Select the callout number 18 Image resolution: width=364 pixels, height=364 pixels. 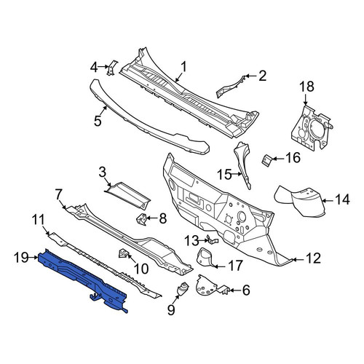(x=306, y=87)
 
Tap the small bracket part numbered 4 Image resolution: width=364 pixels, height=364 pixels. (x=111, y=68)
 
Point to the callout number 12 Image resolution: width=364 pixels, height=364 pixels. (x=314, y=258)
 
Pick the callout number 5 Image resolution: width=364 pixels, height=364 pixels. (x=98, y=121)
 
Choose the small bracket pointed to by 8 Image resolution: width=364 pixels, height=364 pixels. (x=141, y=219)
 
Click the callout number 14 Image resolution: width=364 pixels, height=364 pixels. (x=342, y=200)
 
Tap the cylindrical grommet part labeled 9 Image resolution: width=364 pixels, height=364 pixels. (x=183, y=289)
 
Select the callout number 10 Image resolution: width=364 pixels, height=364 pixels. (x=141, y=269)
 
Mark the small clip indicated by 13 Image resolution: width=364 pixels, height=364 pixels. (x=213, y=240)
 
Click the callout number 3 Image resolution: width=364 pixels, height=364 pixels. (x=103, y=173)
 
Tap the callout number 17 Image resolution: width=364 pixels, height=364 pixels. (x=236, y=266)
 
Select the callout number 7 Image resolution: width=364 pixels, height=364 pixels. (x=58, y=196)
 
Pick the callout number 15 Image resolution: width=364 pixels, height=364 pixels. (x=224, y=175)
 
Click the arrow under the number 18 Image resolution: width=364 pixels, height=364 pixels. (x=305, y=99)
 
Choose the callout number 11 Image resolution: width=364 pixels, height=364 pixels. (x=39, y=220)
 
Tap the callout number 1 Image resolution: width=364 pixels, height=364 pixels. (x=184, y=67)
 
